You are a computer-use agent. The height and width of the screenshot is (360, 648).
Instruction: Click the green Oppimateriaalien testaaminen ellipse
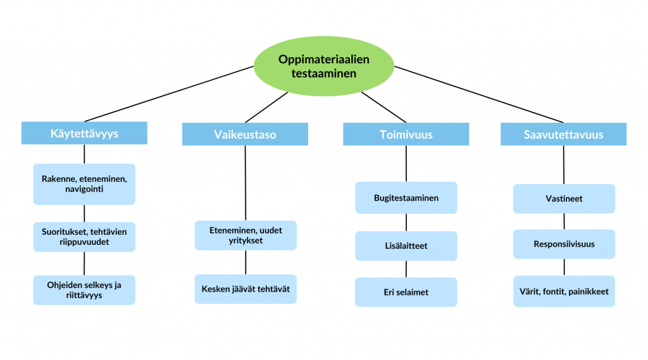pyautogui.click(x=324, y=66)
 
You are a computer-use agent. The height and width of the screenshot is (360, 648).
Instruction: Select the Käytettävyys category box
pyautogui.click(x=84, y=133)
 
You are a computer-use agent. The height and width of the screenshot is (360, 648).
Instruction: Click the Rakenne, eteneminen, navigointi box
pyautogui.click(x=84, y=184)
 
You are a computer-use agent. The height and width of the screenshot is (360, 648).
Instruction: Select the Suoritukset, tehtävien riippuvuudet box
pyautogui.click(x=84, y=237)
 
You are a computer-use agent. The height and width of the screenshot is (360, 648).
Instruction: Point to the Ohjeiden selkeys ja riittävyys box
pyautogui.click(x=84, y=290)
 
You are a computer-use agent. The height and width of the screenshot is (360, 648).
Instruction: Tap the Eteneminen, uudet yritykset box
pyautogui.click(x=245, y=235)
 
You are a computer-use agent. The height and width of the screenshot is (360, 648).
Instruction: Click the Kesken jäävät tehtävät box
pyautogui.click(x=245, y=289)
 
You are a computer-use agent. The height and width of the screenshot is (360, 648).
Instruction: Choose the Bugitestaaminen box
pyautogui.click(x=406, y=198)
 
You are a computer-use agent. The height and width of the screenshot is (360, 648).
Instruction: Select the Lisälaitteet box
pyautogui.click(x=406, y=245)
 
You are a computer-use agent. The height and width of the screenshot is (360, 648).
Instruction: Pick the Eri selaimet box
pyautogui.click(x=406, y=292)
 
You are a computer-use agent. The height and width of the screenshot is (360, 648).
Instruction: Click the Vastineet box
pyautogui.click(x=563, y=199)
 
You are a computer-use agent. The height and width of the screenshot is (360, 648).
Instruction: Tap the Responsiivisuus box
pyautogui.click(x=563, y=244)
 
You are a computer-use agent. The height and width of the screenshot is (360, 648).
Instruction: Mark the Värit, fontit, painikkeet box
pyautogui.click(x=563, y=292)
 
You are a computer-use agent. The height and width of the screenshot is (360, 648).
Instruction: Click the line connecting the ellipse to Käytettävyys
pyautogui.click(x=171, y=93)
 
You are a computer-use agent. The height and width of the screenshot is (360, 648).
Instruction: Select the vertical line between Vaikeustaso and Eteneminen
pyautogui.click(x=245, y=183)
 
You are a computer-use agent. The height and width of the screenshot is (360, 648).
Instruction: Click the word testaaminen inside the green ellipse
pyautogui.click(x=324, y=73)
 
